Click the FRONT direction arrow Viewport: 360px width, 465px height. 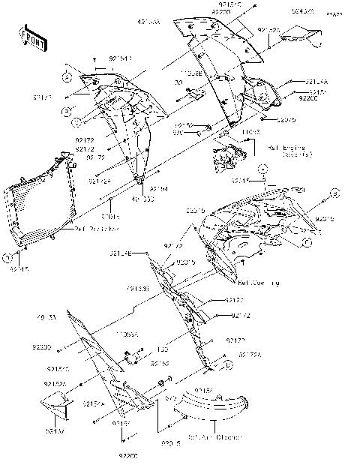click(31, 36)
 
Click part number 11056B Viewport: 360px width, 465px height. click(191, 74)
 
